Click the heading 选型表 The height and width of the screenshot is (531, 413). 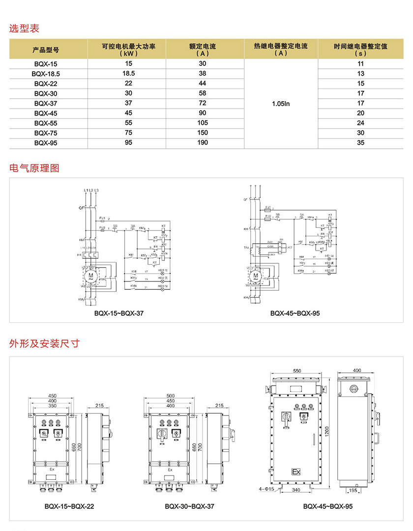pos(24,28)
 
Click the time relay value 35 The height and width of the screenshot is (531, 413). pos(361,143)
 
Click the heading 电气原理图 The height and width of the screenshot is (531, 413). pos(34,168)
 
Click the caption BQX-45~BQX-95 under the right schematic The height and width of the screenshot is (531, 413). pos(295,313)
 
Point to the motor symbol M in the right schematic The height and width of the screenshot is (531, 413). pos(255,275)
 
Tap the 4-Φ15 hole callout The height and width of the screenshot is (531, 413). pos(268,489)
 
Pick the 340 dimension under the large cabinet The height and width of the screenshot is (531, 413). pos(296,490)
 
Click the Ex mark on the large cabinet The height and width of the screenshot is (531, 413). pos(296,472)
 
